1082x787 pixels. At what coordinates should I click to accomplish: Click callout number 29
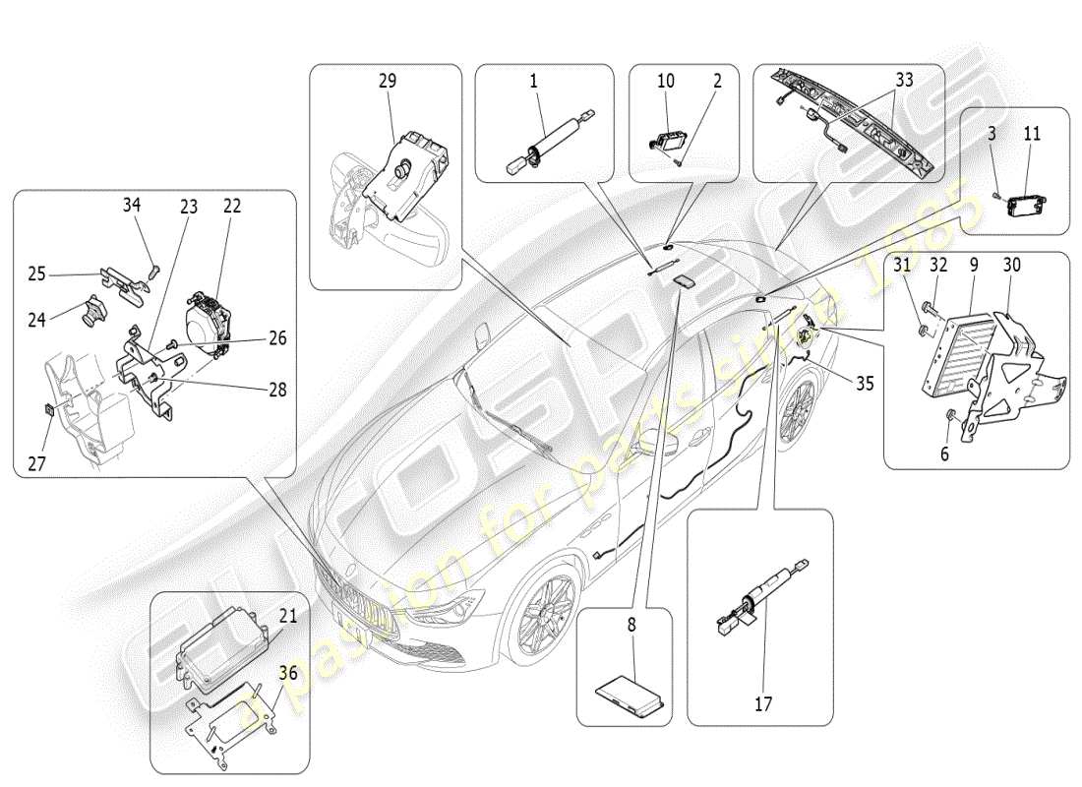(388, 81)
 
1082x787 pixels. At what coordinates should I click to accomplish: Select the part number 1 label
(534, 81)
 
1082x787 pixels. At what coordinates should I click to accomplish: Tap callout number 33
(904, 81)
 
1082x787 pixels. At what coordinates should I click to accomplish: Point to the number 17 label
(763, 703)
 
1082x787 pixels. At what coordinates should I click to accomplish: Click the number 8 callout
(631, 623)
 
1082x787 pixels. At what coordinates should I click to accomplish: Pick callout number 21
(288, 616)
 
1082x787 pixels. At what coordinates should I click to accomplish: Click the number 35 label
(865, 385)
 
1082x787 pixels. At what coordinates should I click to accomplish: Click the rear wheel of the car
(798, 407)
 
